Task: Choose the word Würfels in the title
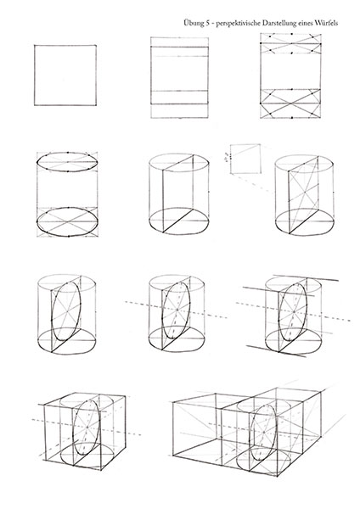pyautogui.click(x=325, y=23)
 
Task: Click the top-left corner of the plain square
pyautogui.click(x=35, y=46)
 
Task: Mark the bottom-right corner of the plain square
pyautogui.click(x=96, y=105)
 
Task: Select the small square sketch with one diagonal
pyautogui.click(x=245, y=159)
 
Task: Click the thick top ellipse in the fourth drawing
pyautogui.click(x=68, y=162)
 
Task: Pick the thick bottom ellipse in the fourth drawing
pyautogui.click(x=68, y=222)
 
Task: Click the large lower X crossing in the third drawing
pyautogui.click(x=290, y=105)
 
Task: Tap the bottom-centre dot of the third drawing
pyautogui.click(x=292, y=118)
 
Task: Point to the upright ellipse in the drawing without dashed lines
pyautogui.click(x=66, y=312)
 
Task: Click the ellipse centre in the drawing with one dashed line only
pyautogui.click(x=177, y=310)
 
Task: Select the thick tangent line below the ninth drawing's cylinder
pyautogui.click(x=276, y=351)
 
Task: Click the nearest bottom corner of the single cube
pyautogui.click(x=101, y=470)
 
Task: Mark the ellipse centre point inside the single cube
pyautogui.click(x=87, y=427)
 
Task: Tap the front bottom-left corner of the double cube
pyautogui.click(x=172, y=454)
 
